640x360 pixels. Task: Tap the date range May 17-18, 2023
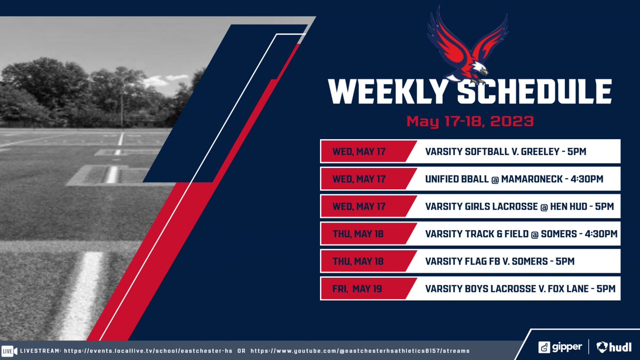point(470,121)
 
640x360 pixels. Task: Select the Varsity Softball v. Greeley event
point(506,151)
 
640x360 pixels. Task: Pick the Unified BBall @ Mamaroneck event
point(514,179)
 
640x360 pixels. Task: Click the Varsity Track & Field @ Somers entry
point(521,234)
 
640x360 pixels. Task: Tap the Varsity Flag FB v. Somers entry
point(500,261)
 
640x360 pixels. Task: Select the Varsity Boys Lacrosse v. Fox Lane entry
point(520,289)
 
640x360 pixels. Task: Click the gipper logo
point(559,347)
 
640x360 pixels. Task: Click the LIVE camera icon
point(9,351)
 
